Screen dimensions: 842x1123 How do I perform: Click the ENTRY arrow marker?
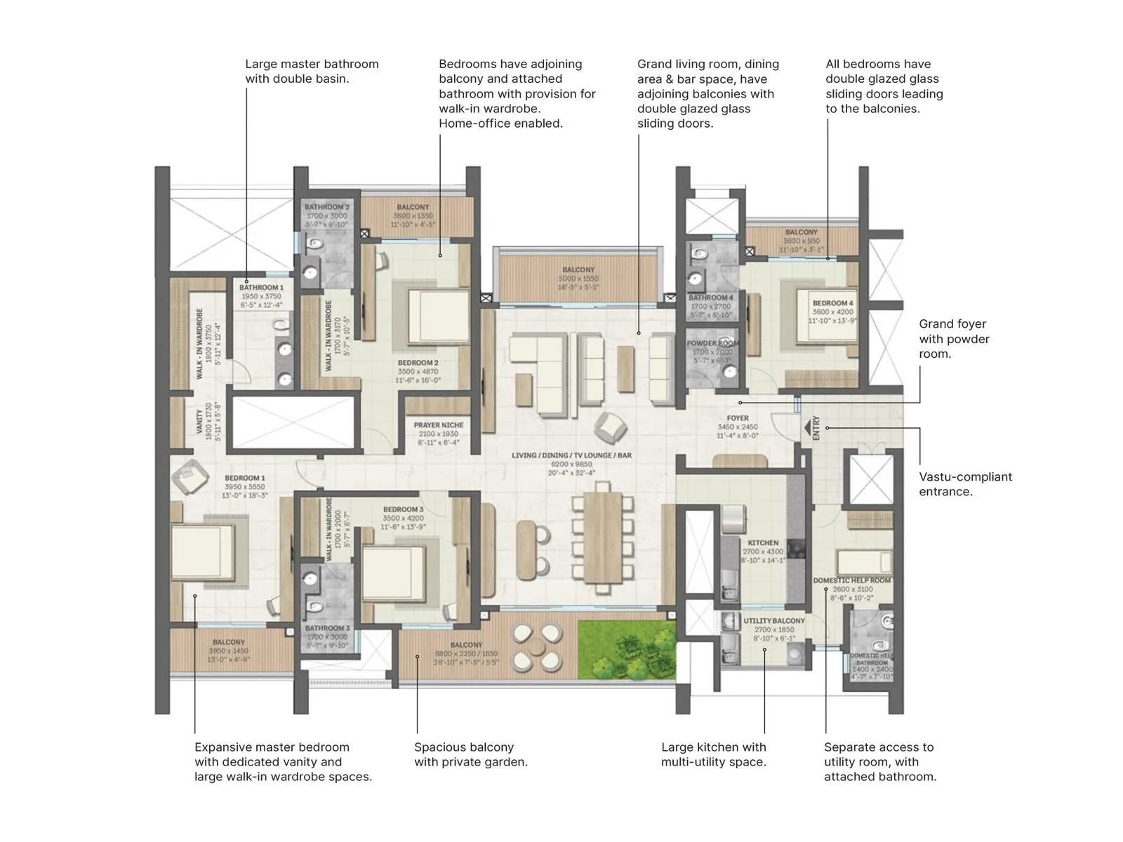[x=807, y=427]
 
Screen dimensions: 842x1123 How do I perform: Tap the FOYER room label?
[x=737, y=418]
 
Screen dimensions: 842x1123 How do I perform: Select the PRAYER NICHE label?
[x=438, y=425]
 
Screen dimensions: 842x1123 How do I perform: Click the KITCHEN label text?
[x=763, y=542]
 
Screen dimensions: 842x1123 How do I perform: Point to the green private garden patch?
[x=626, y=649]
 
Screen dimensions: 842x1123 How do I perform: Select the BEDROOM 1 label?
[x=244, y=478]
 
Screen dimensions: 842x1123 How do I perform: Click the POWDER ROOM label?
[x=712, y=343]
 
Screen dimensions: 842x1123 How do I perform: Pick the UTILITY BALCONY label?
[x=773, y=621]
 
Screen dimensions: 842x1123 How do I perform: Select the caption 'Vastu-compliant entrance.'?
[x=965, y=484]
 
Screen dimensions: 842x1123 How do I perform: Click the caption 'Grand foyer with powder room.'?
[x=954, y=338]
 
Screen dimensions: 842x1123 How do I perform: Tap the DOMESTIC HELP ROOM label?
[x=852, y=580]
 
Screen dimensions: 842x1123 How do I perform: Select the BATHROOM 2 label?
[x=326, y=207]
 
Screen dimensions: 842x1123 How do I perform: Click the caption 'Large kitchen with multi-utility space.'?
[x=713, y=754]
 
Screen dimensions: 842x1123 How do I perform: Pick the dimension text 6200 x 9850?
[x=571, y=465]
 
